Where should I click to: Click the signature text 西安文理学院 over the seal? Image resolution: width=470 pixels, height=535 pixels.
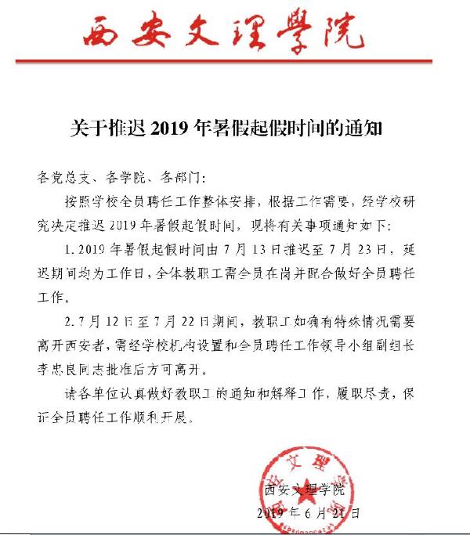[305, 491]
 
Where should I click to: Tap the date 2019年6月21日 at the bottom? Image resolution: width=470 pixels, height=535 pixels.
[308, 515]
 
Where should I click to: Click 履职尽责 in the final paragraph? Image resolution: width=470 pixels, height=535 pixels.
[373, 393]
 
